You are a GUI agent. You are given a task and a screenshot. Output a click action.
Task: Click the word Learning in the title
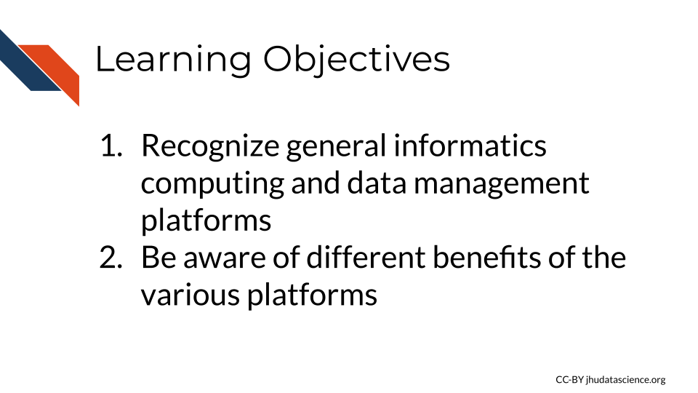point(173,60)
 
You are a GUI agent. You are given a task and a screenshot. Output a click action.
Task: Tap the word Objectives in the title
point(356,60)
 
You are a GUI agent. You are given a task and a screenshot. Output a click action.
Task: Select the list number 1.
point(111,146)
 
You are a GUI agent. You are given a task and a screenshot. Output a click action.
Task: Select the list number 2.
point(111,258)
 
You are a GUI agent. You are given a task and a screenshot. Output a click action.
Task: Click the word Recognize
point(210,147)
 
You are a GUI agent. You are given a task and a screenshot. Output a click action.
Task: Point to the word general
point(336,147)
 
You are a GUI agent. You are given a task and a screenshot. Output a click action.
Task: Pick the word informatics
point(470,146)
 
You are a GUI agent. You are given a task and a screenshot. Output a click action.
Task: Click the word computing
point(212,184)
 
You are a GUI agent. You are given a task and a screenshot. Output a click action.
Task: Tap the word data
point(377,183)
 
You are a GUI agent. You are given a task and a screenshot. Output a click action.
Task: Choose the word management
point(502,184)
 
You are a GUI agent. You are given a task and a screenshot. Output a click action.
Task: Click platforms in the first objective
point(206,220)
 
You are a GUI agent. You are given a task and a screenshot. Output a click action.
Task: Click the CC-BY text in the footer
point(569,380)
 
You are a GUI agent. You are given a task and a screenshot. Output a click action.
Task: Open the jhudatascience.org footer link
point(626,380)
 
